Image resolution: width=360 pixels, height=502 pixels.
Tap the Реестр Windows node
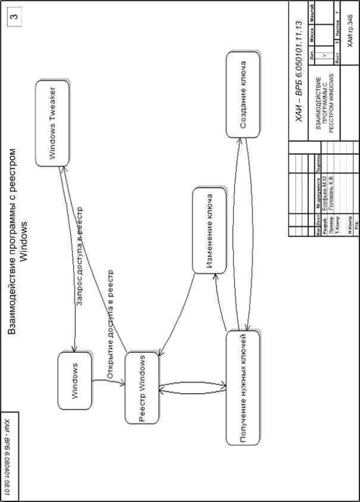(142, 388)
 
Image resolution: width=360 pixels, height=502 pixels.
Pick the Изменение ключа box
(210, 230)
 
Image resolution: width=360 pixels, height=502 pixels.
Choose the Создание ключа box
(243, 95)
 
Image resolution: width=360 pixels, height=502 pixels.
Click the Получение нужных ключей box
(243, 388)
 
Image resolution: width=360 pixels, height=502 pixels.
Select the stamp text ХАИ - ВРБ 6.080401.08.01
(7, 453)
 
